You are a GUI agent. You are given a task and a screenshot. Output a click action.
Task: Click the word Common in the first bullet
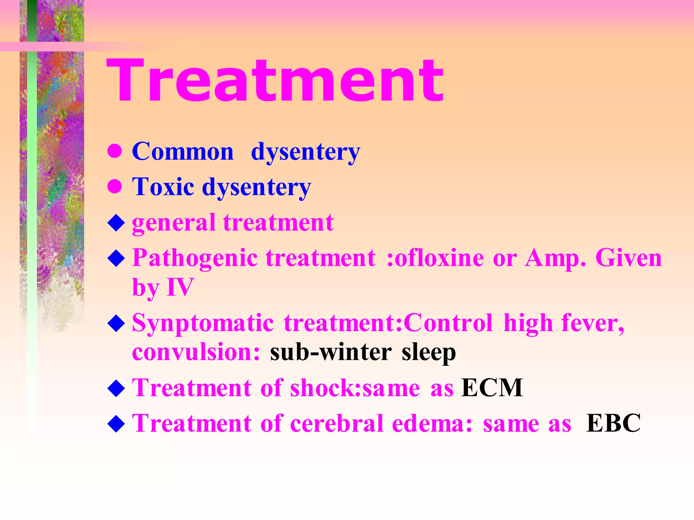(183, 151)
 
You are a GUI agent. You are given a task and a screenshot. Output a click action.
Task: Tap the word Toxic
(163, 187)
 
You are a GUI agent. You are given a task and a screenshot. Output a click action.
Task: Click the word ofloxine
(439, 258)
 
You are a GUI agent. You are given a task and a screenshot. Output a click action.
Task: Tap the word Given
(628, 258)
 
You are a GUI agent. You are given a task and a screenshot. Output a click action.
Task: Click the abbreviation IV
(180, 287)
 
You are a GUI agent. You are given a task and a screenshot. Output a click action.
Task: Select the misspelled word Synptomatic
(203, 323)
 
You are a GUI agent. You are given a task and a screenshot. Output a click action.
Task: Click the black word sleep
(429, 353)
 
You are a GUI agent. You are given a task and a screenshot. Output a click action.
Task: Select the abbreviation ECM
(492, 388)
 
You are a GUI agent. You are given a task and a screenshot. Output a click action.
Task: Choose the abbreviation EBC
(613, 423)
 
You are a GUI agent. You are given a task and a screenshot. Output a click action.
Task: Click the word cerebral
(337, 423)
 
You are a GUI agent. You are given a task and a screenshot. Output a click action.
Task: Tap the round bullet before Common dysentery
(115, 151)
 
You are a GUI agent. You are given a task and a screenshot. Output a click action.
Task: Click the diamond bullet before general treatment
(116, 223)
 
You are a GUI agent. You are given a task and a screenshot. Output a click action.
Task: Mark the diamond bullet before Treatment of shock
(116, 388)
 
